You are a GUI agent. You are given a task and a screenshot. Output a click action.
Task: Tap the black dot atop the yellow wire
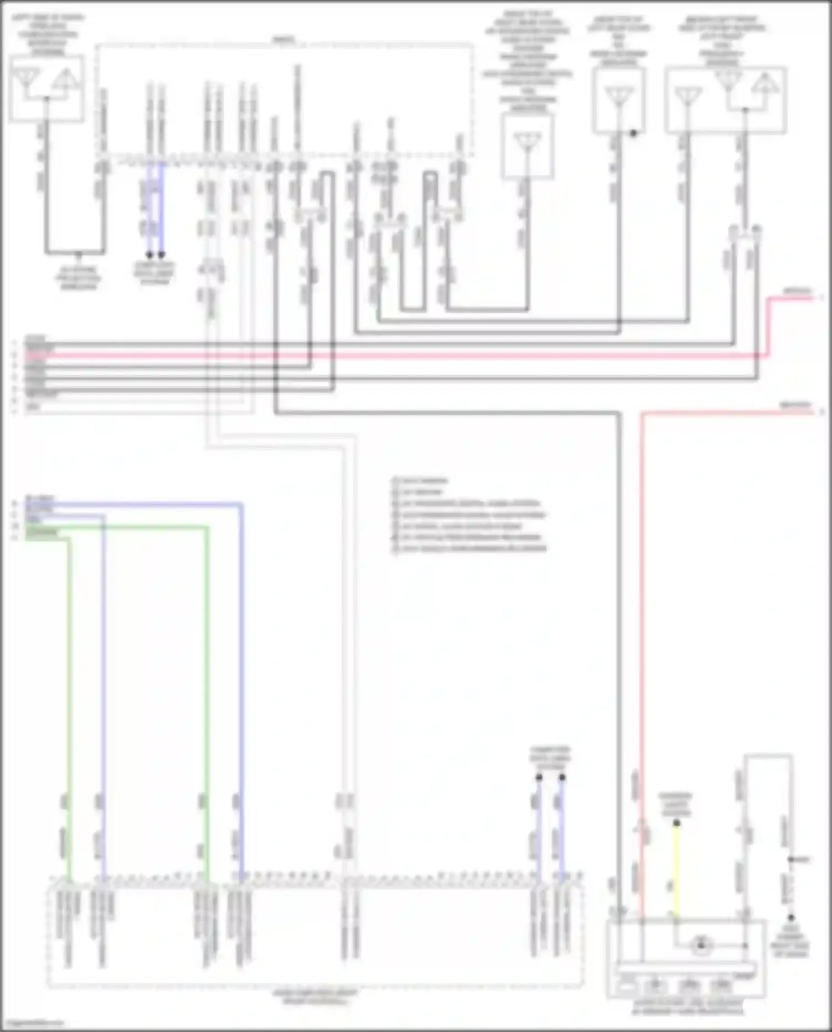[677, 823]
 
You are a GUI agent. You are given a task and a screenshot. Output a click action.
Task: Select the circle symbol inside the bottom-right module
[701, 945]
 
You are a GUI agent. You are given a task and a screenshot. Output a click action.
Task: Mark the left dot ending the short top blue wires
[149, 255]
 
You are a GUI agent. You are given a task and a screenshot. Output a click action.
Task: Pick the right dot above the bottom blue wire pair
[562, 777]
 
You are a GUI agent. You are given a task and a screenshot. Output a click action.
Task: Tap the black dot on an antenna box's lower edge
[633, 133]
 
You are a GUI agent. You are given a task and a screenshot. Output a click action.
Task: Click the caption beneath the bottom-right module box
[688, 1007]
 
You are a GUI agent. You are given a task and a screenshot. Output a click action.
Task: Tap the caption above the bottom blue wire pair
[550, 758]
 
